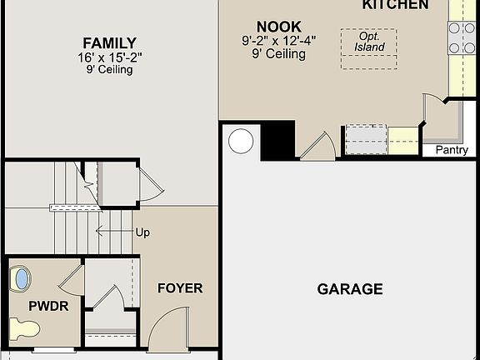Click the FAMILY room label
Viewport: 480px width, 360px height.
[109, 43]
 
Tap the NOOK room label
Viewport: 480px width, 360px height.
[278, 27]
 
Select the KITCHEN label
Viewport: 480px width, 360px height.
[395, 5]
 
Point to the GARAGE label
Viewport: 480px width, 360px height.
[350, 289]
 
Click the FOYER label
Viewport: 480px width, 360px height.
[180, 288]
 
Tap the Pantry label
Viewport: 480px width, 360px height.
[452, 150]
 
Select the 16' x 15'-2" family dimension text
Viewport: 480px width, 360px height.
[109, 57]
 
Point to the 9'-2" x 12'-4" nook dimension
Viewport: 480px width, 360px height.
[278, 41]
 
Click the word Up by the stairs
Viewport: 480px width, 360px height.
[142, 232]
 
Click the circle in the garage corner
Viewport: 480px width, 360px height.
[241, 141]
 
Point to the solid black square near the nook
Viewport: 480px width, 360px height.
[278, 140]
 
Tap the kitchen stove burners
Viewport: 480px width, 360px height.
[462, 37]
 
